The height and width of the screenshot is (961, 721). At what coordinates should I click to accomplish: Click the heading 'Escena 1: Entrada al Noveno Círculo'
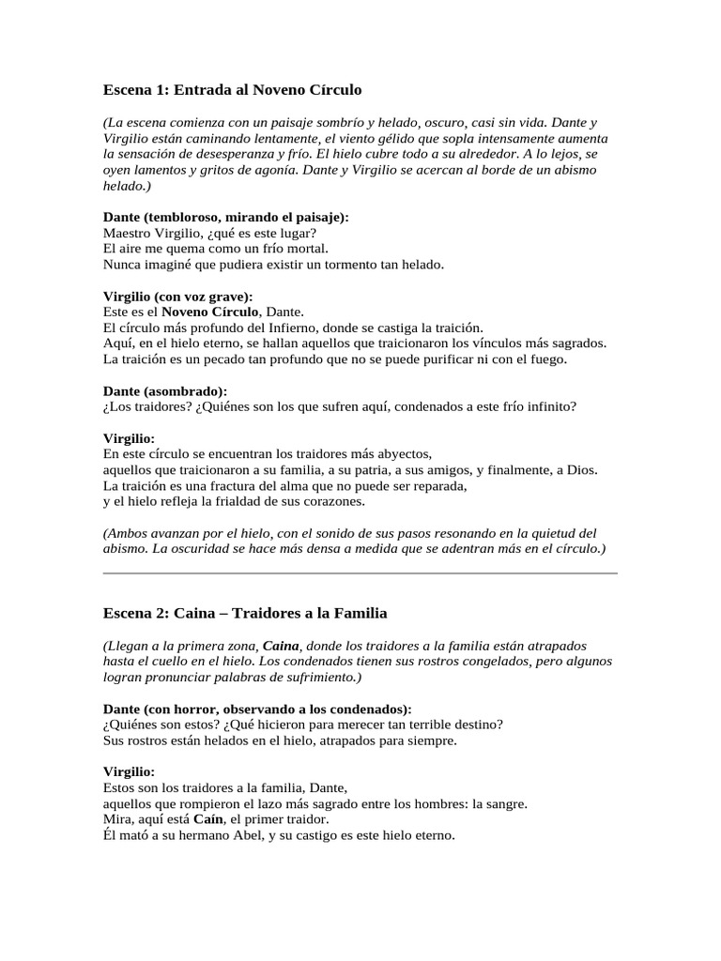[x=232, y=90]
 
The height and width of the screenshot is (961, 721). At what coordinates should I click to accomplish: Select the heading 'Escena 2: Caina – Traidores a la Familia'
[x=244, y=613]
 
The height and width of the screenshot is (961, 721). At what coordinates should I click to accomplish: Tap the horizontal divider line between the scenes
[x=360, y=572]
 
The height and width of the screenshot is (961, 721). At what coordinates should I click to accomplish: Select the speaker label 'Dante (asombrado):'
[x=164, y=390]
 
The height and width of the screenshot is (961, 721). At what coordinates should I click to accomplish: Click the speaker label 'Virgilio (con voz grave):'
[x=177, y=296]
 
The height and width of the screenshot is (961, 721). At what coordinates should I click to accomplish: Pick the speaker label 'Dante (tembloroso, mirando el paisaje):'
[x=225, y=217]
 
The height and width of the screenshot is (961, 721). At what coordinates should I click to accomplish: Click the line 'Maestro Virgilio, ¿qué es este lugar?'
[x=209, y=233]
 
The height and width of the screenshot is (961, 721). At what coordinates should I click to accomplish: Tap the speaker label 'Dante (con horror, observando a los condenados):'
[x=256, y=709]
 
